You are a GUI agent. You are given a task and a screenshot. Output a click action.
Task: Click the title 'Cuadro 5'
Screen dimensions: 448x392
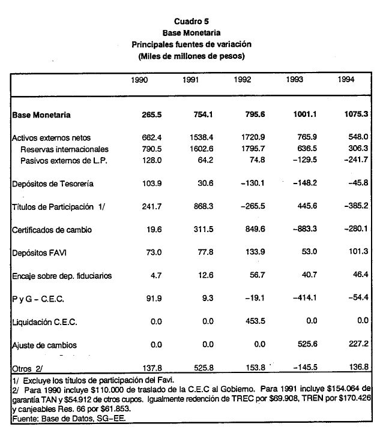(x=191, y=22)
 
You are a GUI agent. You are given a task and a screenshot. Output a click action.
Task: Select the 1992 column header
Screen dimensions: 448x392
(x=242, y=80)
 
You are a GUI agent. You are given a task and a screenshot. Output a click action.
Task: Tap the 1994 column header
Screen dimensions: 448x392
(x=345, y=80)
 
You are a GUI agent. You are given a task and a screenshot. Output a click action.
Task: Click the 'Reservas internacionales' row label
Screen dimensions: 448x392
(x=64, y=149)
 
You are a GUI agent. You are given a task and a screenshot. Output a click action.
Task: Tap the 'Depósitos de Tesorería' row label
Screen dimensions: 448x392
(x=53, y=184)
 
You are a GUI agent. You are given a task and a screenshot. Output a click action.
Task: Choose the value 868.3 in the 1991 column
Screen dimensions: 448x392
(x=196, y=207)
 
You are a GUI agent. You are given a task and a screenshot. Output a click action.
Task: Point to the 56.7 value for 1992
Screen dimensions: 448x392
(x=246, y=276)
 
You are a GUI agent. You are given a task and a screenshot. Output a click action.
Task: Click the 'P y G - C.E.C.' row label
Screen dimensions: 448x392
(x=38, y=299)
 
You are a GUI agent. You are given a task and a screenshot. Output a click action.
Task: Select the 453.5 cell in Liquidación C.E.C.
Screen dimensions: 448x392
(x=244, y=322)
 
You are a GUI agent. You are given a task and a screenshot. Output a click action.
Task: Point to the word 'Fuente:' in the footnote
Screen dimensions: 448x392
(x=25, y=418)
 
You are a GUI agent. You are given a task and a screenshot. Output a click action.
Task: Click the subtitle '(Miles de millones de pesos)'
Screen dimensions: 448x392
(x=191, y=56)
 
